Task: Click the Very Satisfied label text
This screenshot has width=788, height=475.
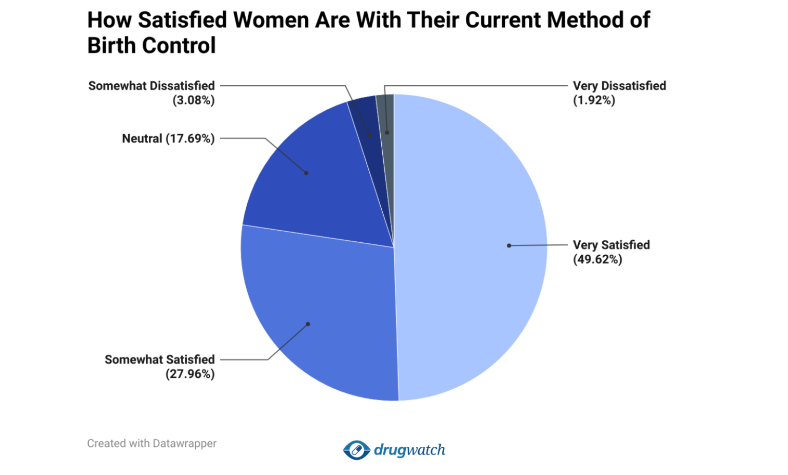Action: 611,245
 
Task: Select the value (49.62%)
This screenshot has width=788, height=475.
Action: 597,259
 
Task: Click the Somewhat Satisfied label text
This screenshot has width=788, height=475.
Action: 160,359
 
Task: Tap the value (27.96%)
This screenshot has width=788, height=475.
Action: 190,374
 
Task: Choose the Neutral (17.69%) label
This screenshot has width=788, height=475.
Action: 168,139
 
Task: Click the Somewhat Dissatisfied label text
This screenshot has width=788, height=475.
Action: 151,86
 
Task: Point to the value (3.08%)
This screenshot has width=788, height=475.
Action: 193,100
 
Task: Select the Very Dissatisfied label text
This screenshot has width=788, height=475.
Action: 619,86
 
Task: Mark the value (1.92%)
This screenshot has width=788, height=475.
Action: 594,100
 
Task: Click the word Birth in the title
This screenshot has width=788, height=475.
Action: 111,45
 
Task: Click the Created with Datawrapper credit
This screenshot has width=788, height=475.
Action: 152,443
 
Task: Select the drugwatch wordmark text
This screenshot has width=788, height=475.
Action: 409,450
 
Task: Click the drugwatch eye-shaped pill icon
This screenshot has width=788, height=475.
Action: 356,450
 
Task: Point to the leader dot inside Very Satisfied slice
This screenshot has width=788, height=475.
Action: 509,245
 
